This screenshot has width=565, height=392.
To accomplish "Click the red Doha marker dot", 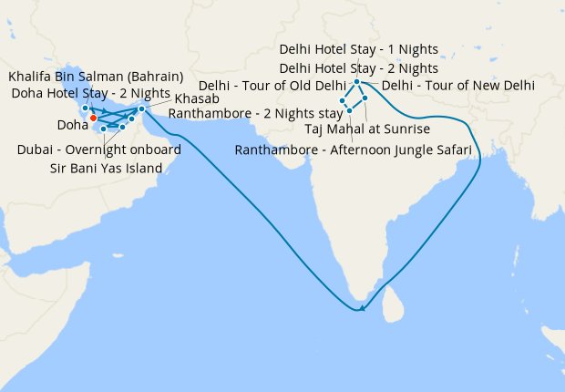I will point(93,118).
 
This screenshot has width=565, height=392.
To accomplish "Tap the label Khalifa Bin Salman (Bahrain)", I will point(96,76).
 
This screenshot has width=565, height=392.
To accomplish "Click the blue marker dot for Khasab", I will point(141,109).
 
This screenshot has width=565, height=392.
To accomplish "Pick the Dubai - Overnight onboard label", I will point(98,150).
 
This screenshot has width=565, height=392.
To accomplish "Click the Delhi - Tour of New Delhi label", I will point(458,87).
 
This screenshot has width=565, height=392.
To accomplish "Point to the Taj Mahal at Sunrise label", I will point(366,129).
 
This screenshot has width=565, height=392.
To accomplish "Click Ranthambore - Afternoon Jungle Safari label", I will point(353,150).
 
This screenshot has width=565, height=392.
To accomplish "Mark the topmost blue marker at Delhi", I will point(356,82).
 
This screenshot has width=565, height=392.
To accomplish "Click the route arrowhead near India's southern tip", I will point(363,308).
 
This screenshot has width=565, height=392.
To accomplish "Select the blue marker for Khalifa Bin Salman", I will point(85,108).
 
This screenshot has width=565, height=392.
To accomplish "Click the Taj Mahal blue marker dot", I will point(365,98).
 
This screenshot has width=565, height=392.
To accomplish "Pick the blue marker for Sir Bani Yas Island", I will point(104,129).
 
